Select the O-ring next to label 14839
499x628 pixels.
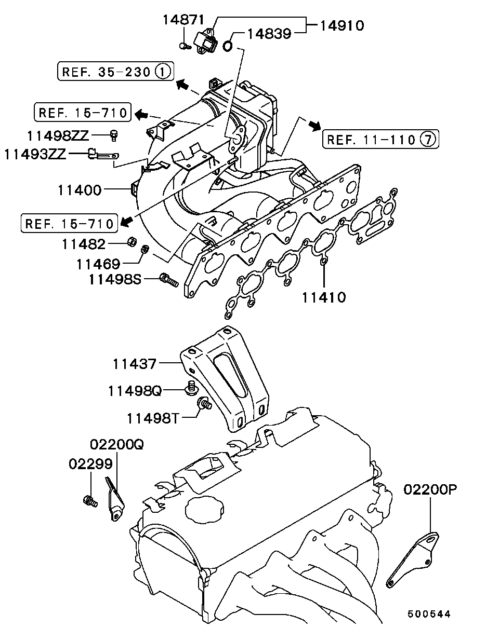[x=228, y=46]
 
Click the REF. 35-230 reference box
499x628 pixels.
[x=115, y=71]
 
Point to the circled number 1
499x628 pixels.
[x=163, y=71]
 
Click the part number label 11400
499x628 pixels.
[x=80, y=190]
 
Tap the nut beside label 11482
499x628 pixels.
[x=132, y=241]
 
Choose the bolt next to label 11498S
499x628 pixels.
[x=169, y=280]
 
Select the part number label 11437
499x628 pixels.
[x=135, y=364]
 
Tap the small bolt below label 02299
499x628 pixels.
[x=90, y=501]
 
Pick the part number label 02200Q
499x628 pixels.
[x=116, y=444]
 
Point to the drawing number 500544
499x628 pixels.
[x=429, y=613]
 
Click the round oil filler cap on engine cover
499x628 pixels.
[x=203, y=510]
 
